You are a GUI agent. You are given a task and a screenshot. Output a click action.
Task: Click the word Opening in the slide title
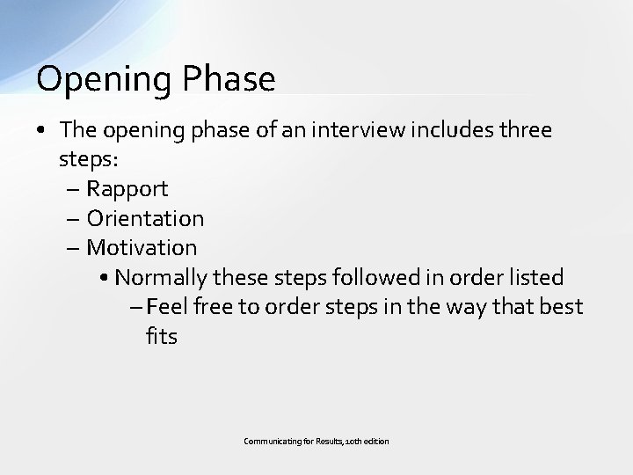(91, 80)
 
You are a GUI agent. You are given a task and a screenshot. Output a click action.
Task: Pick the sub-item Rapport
(127, 189)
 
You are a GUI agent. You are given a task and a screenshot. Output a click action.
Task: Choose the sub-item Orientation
(145, 218)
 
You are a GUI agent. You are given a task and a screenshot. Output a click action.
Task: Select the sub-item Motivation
(142, 247)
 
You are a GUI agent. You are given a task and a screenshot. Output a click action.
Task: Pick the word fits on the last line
(162, 335)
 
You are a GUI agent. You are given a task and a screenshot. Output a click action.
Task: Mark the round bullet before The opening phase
(42, 132)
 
